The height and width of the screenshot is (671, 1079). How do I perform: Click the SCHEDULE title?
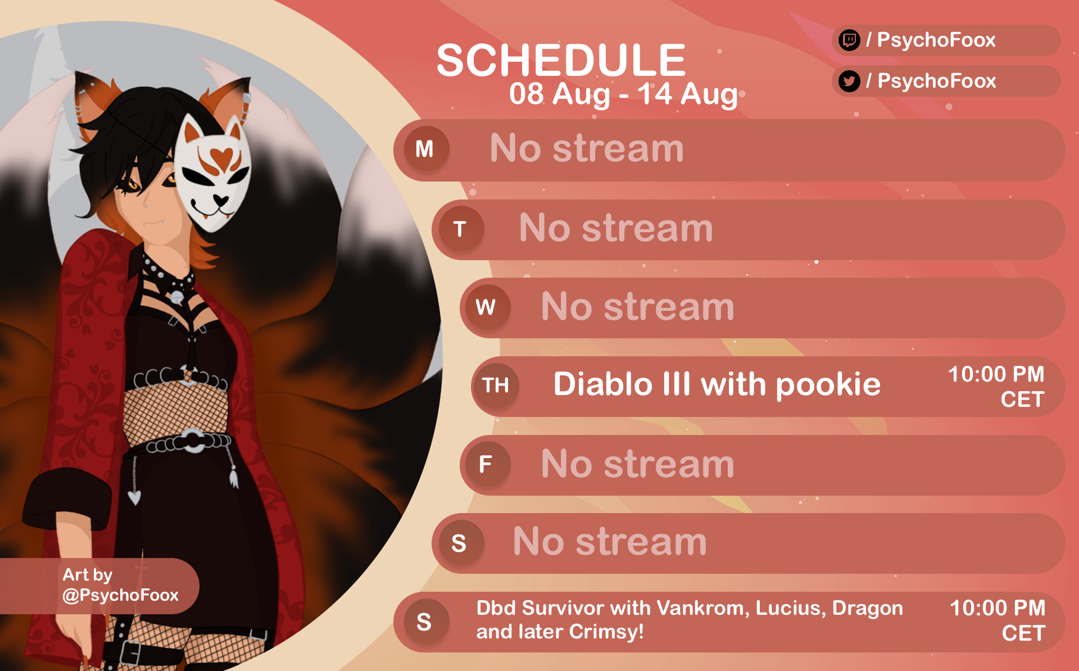(561, 60)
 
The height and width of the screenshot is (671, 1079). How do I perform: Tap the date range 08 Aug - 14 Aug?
(623, 94)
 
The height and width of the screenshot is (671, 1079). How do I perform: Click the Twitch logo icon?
(849, 40)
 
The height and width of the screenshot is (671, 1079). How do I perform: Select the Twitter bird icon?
(849, 81)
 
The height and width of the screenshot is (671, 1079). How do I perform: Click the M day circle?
(425, 149)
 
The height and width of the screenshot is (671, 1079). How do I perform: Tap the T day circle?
(460, 229)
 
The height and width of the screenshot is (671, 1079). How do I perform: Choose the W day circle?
(486, 307)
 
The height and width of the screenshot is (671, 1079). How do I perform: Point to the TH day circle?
(495, 386)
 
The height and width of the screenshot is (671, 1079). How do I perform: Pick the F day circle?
(486, 464)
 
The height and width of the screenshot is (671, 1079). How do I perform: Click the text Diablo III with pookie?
(717, 384)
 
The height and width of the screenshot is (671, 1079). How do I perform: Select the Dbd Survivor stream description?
(690, 620)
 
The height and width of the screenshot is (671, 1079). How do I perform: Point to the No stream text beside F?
(637, 464)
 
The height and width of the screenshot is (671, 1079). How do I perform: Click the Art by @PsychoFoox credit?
(120, 585)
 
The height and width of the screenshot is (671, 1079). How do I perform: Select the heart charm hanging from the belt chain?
(134, 497)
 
